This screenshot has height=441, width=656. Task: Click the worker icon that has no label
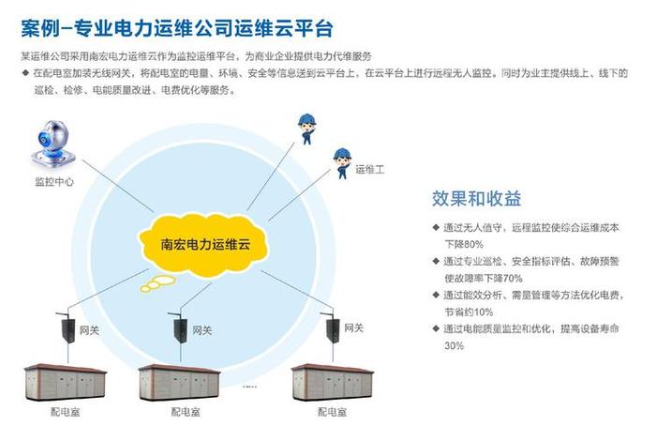[x=306, y=128]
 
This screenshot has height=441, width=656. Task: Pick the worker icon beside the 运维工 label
[x=337, y=162]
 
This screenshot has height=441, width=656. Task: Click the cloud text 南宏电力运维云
[x=206, y=243]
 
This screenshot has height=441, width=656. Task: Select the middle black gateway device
[x=177, y=327]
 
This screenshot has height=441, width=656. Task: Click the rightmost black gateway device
[x=331, y=327]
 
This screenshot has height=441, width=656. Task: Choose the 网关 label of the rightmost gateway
[x=354, y=327]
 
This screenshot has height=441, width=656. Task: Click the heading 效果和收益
[x=476, y=199]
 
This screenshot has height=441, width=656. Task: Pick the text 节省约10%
[x=469, y=312]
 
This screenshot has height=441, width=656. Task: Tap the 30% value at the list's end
[x=454, y=345]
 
